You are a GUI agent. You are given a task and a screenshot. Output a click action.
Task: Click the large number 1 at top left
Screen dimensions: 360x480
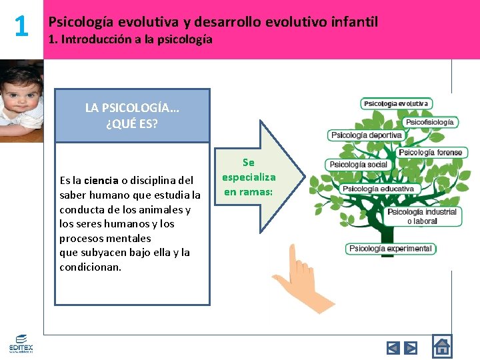click(21, 27)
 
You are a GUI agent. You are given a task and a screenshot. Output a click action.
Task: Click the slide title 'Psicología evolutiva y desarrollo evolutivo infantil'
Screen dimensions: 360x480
click(213, 22)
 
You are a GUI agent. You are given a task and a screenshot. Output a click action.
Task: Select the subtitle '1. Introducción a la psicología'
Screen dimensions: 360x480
click(130, 39)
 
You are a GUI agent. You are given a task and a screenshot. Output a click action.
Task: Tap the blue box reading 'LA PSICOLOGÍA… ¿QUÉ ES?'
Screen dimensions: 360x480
click(132, 115)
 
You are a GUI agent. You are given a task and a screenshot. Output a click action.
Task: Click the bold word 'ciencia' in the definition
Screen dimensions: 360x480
click(101, 180)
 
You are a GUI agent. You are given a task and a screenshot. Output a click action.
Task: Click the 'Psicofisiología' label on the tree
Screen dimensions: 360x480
click(431, 123)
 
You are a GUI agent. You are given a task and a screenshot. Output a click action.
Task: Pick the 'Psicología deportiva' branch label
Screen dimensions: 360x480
click(367, 135)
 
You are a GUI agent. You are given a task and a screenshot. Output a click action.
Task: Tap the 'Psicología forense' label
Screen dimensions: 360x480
click(430, 153)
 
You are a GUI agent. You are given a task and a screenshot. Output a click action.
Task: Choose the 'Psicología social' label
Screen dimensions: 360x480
click(358, 165)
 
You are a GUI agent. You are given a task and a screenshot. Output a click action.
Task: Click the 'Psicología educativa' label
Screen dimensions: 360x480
click(378, 189)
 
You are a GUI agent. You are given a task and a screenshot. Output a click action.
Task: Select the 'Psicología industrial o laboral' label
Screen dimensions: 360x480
click(422, 216)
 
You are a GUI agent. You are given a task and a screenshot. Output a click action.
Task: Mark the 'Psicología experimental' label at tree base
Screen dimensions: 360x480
click(390, 249)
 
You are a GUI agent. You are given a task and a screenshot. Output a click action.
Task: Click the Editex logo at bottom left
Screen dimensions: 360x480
click(20, 345)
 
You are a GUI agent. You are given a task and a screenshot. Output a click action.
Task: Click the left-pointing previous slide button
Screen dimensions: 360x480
click(393, 347)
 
